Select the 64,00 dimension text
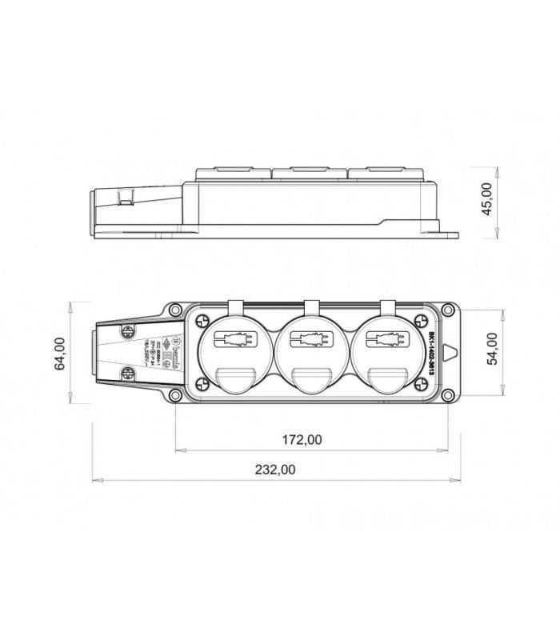click(x=59, y=353)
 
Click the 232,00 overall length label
click(x=276, y=470)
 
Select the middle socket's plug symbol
click(x=308, y=338)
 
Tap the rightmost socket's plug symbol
click(x=384, y=338)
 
